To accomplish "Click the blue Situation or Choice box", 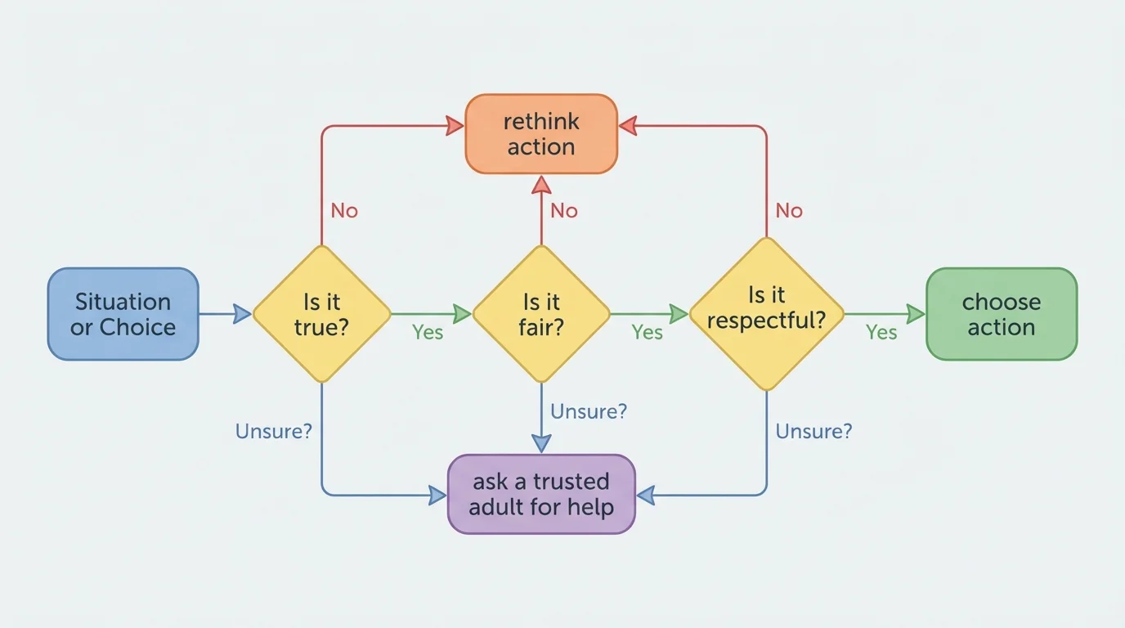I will click(x=123, y=314).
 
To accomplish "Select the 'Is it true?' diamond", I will click(x=321, y=314).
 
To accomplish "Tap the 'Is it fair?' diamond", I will click(x=541, y=314).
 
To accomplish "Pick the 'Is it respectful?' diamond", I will click(x=766, y=314).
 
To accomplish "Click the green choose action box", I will click(x=1001, y=314).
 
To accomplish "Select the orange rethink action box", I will click(x=540, y=134).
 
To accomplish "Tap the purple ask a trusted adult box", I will click(x=540, y=494).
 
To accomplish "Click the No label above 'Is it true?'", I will click(x=344, y=211).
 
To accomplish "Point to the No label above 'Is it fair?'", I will click(x=564, y=211).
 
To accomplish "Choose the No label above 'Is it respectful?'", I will click(x=789, y=211).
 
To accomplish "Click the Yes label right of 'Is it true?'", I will click(x=428, y=332).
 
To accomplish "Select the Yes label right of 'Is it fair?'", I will click(x=647, y=332).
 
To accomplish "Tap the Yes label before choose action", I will click(x=881, y=332).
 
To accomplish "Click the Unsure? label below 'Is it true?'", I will click(x=274, y=431).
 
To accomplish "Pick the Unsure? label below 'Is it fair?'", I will click(x=589, y=411).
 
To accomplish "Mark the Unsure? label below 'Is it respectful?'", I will click(x=813, y=431).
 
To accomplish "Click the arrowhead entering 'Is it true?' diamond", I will click(x=242, y=314).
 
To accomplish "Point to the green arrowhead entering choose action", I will click(x=916, y=314).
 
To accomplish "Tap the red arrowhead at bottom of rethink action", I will click(x=541, y=184).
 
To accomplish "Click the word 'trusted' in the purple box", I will click(x=571, y=482).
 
